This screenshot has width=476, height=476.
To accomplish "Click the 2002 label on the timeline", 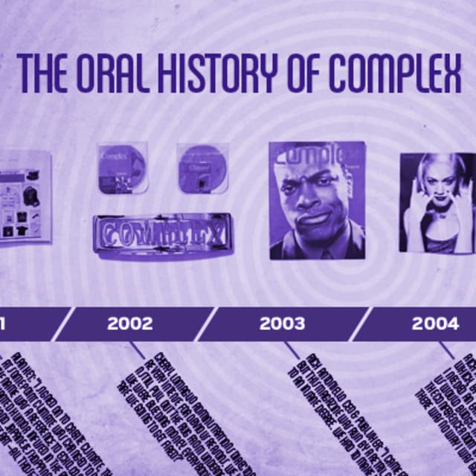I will (x=129, y=324).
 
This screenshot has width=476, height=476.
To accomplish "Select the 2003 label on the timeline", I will (x=282, y=324).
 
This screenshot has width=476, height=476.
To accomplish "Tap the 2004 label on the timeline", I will (x=435, y=324).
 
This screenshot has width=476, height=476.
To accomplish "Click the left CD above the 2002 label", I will (x=121, y=168).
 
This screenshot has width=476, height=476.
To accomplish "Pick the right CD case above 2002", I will (x=202, y=168).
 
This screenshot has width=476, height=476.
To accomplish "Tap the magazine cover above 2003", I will (x=318, y=200).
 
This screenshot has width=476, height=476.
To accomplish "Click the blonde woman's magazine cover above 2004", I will (x=437, y=202).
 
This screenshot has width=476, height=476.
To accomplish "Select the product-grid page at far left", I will (x=25, y=197).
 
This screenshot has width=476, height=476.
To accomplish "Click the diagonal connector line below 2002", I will (x=138, y=350).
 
